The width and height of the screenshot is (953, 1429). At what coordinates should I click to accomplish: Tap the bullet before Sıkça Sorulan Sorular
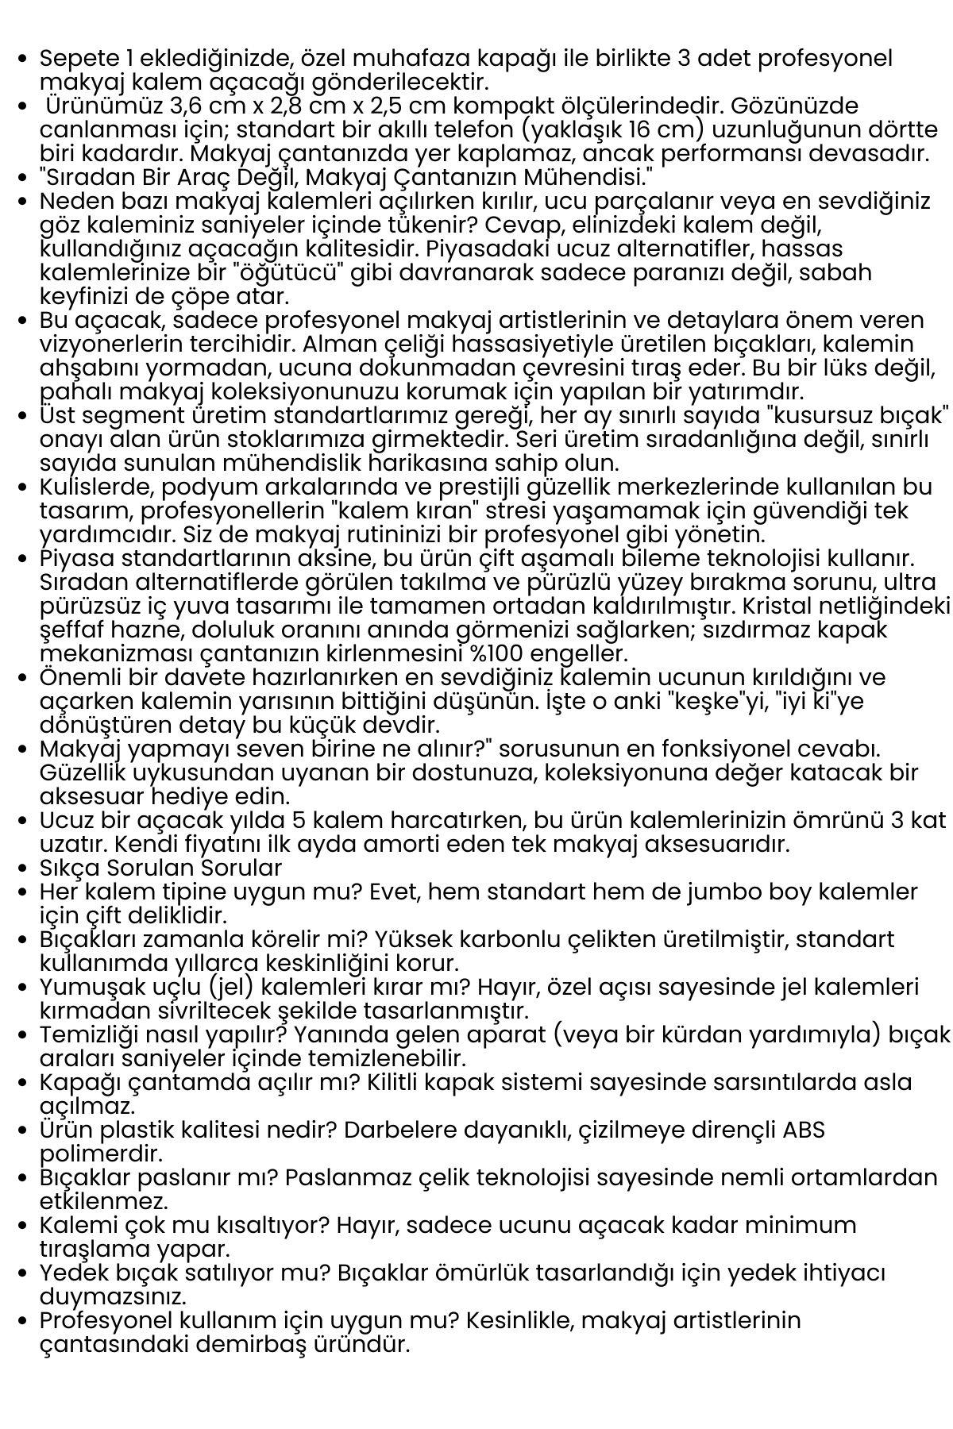23,869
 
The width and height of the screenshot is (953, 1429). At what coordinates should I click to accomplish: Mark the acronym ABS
803,1130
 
